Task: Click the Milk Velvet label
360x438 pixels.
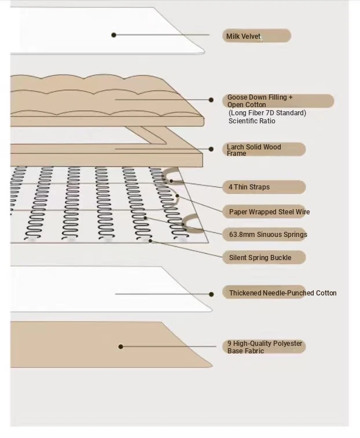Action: [243, 36]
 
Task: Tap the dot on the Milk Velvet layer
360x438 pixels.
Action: [113, 35]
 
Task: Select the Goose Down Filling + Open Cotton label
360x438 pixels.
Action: [260, 101]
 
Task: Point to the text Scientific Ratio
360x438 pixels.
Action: [252, 121]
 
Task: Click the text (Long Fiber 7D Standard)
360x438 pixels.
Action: [267, 113]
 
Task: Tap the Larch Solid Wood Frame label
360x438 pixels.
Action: [254, 150]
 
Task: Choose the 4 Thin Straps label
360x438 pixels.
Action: [249, 187]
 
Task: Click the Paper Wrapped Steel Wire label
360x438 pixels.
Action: [269, 211]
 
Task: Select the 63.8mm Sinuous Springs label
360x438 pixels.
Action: [268, 235]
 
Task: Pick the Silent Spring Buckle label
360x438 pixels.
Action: [260, 258]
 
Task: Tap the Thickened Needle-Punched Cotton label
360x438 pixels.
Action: [282, 293]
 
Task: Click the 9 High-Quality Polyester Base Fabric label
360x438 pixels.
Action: [265, 347]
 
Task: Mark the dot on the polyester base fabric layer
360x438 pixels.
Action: [120, 346]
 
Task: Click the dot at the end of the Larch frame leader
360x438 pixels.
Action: [211, 149]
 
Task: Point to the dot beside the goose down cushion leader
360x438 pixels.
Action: [211, 100]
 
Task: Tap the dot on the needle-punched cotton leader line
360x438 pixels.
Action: [211, 294]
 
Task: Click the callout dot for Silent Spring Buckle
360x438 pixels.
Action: [150, 240]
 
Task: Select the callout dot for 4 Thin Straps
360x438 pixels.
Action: [171, 181]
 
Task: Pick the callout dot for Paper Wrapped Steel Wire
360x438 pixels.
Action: [177, 196]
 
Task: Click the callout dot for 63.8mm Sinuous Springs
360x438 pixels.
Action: [145, 218]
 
